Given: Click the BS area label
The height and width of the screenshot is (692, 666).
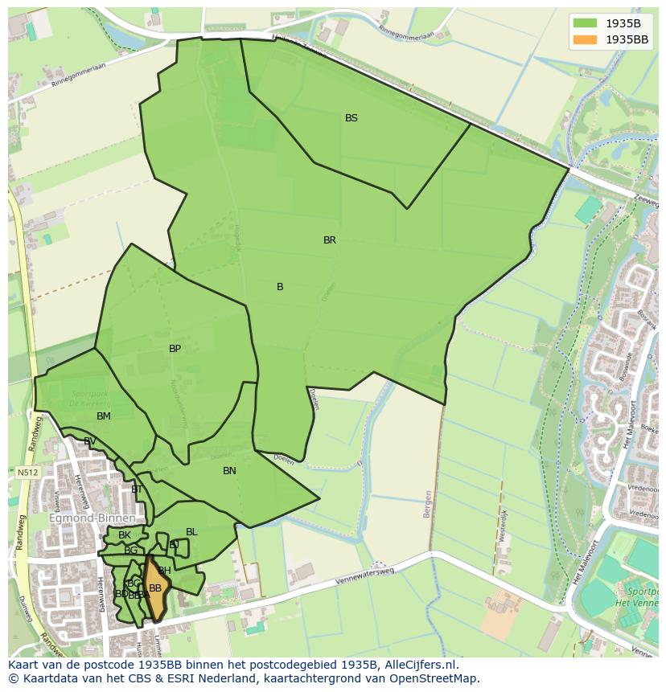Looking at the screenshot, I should click(351, 118).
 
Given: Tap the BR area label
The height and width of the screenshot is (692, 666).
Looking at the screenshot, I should click(330, 240).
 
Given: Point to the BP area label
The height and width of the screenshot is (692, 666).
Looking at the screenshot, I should click(175, 349).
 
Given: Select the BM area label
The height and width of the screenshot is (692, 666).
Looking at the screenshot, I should click(104, 416).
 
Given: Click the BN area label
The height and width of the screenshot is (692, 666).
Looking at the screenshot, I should click(229, 471).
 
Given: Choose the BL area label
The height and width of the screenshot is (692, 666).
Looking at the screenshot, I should click(191, 532).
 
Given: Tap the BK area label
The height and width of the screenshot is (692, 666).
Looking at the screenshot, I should click(125, 535).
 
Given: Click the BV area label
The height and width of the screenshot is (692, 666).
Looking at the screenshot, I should click(90, 441).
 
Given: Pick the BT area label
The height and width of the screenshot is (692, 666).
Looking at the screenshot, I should click(137, 489).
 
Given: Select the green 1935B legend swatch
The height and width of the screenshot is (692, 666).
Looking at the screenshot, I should click(586, 23).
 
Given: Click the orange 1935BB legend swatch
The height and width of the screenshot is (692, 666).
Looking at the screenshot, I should click(586, 39).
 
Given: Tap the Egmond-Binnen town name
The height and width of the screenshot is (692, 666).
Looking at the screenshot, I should click(92, 518).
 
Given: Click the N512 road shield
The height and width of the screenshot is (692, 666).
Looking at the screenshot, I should click(26, 473).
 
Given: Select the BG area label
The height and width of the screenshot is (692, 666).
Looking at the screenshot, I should click(130, 551).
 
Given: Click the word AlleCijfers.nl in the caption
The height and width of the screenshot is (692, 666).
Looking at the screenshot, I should click(419, 665).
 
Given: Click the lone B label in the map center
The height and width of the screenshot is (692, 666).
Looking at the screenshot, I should click(280, 287).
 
